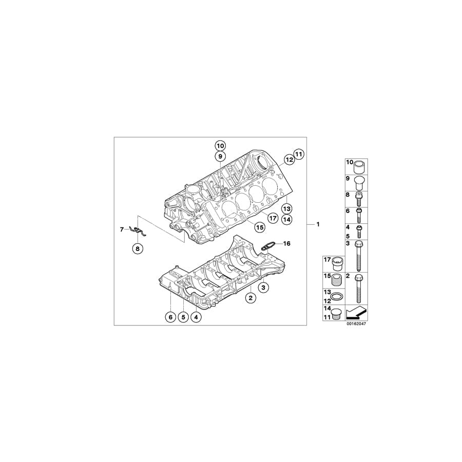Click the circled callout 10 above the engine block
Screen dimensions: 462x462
pyautogui.click(x=220, y=145)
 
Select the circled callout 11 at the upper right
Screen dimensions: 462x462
pyautogui.click(x=299, y=153)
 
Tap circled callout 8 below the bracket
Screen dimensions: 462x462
pyautogui.click(x=137, y=249)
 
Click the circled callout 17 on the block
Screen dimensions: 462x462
pyautogui.click(x=273, y=218)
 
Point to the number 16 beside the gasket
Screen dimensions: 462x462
pyautogui.click(x=286, y=244)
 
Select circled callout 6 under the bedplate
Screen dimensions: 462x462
pyautogui.click(x=170, y=317)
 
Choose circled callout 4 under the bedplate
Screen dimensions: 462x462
pyautogui.click(x=196, y=317)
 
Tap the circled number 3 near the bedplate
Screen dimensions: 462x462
pyautogui.click(x=263, y=288)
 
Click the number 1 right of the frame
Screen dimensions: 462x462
pyautogui.click(x=318, y=224)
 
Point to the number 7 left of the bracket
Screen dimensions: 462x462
pyautogui.click(x=122, y=229)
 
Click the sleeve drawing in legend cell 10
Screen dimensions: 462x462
pyautogui.click(x=358, y=167)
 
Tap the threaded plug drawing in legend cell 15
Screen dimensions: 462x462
pyautogui.click(x=336, y=282)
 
